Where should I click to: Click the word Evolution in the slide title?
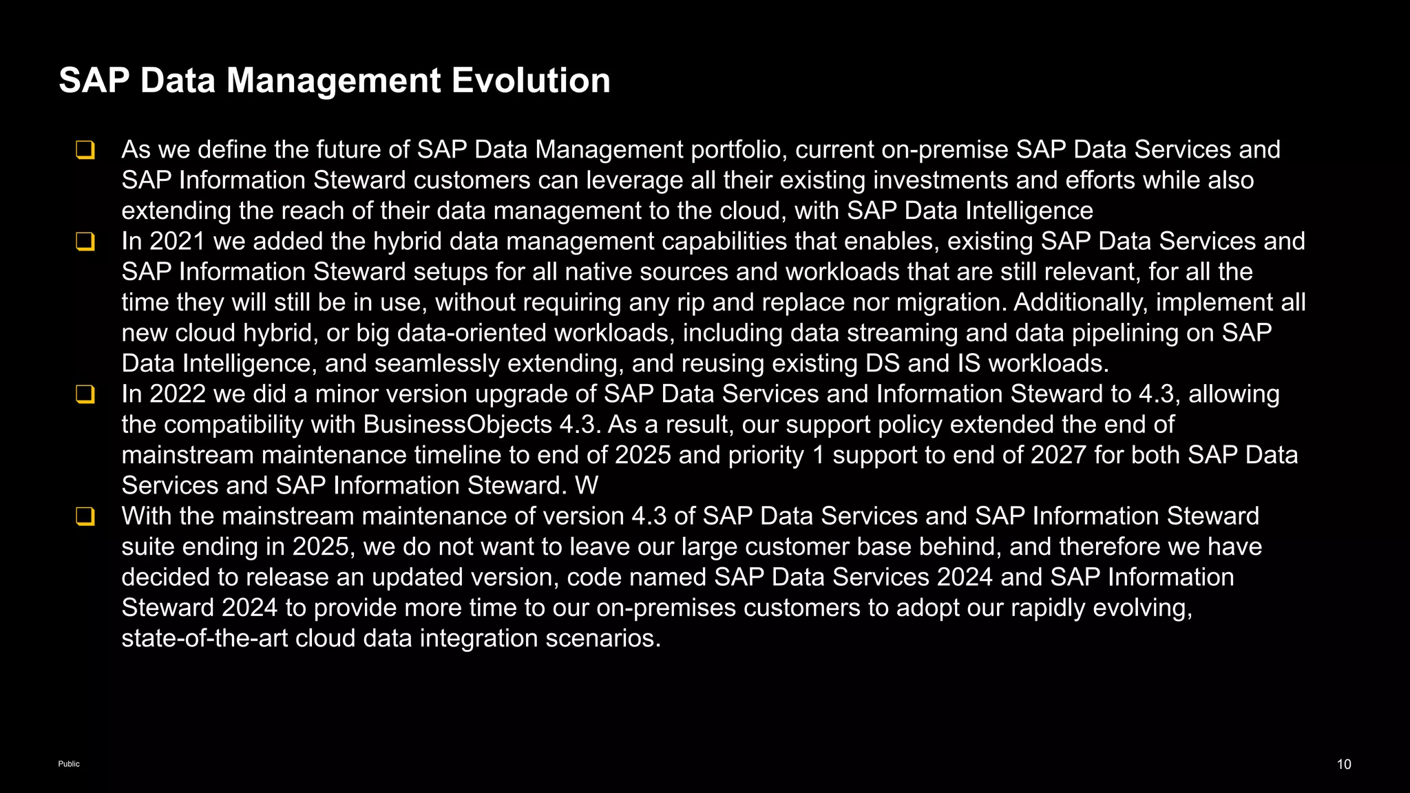tap(531, 81)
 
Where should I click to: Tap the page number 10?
tap(1344, 764)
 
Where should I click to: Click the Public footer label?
tap(69, 764)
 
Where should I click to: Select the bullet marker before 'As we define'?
tap(85, 150)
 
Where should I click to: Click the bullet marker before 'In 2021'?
tap(85, 242)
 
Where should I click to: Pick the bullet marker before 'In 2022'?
tap(85, 394)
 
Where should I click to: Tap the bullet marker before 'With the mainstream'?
tap(85, 516)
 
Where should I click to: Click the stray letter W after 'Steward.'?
tap(587, 486)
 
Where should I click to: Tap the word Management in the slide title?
tap(333, 81)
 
